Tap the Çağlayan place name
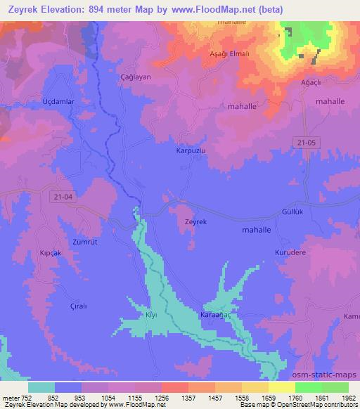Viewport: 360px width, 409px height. click(136, 77)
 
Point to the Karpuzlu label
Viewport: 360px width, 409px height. click(190, 150)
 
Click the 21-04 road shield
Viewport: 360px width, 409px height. click(61, 199)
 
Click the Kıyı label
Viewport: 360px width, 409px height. click(150, 314)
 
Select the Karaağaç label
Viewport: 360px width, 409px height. click(216, 314)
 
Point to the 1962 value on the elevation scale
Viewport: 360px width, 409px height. click(348, 397)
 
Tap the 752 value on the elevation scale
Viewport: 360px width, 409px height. click(26, 397)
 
